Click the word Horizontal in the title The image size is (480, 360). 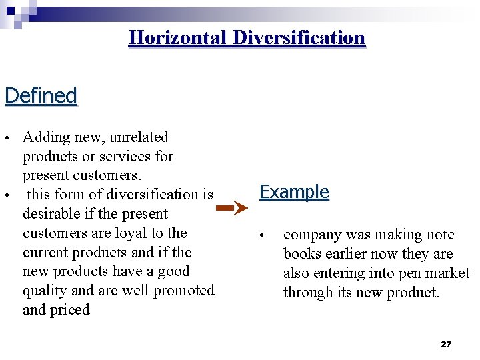coord(178,37)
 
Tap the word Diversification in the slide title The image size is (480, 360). coord(299,37)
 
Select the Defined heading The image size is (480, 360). coord(41,95)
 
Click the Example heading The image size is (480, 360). coord(294,192)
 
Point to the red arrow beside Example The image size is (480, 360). coord(233,208)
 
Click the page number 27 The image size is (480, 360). coord(446,344)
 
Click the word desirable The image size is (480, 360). coord(52,214)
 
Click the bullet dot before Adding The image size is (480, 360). coord(7,138)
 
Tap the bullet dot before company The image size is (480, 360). coord(263,235)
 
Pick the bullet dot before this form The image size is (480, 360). coord(7,195)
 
